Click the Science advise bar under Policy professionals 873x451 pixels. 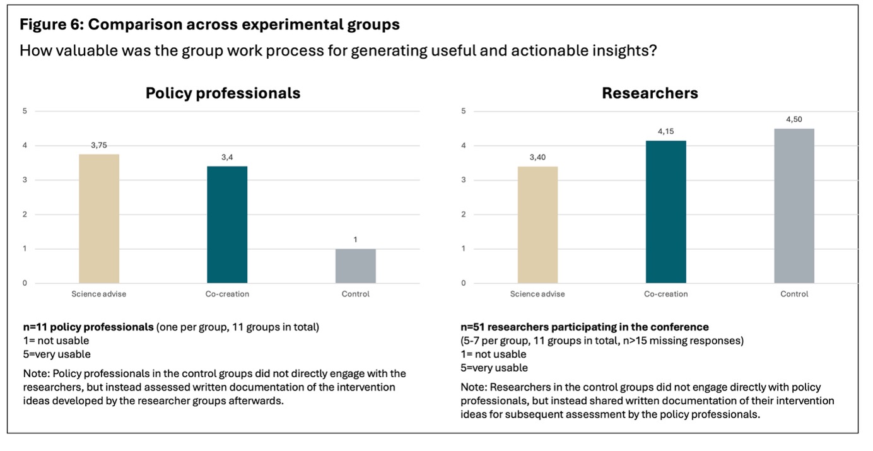[99, 219]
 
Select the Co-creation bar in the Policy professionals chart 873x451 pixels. [227, 225]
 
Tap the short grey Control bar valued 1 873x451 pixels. [355, 266]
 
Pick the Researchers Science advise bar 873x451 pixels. [538, 225]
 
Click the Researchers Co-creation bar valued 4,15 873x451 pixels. [666, 212]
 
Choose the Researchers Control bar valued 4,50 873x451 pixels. [794, 206]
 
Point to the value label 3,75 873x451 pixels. [99, 145]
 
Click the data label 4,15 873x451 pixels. [666, 131]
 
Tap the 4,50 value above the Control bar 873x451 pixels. [794, 119]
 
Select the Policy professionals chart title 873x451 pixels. [223, 93]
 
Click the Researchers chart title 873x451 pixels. [650, 93]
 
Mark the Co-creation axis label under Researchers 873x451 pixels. [666, 294]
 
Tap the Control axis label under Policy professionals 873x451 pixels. [355, 294]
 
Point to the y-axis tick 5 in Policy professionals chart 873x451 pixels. [25, 111]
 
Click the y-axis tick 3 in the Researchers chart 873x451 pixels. [464, 180]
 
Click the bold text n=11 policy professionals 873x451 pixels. [88, 327]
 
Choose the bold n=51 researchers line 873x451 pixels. [585, 327]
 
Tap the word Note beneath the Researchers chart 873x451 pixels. [474, 387]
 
